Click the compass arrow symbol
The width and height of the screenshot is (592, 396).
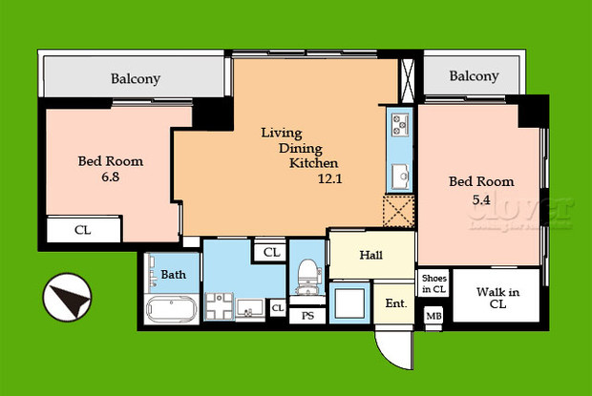pyautogui.click(x=69, y=298)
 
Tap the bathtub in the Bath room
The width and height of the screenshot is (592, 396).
pyautogui.click(x=172, y=311)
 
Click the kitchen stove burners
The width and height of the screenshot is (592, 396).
pyautogui.click(x=398, y=124)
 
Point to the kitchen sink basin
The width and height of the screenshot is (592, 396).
pyautogui.click(x=398, y=177)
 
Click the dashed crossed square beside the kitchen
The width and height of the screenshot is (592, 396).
pyautogui.click(x=399, y=209)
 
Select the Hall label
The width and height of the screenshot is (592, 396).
pyautogui.click(x=371, y=255)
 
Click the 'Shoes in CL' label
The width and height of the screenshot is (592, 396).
pyautogui.click(x=433, y=283)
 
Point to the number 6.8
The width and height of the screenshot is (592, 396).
pyautogui.click(x=111, y=177)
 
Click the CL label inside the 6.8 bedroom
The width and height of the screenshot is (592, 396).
pyautogui.click(x=84, y=230)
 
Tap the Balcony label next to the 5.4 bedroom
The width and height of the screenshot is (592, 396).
pyautogui.click(x=474, y=76)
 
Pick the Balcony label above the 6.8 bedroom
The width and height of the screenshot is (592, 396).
pyautogui.click(x=135, y=79)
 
